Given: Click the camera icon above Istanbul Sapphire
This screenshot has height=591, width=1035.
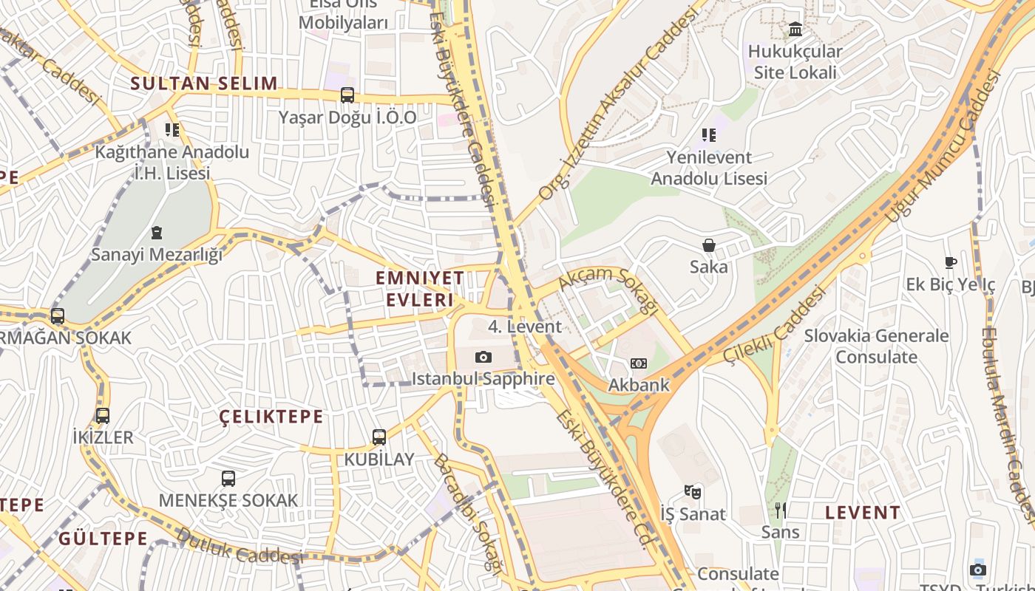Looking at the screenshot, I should tap(483, 358).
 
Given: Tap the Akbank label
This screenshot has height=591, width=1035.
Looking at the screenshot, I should tap(639, 385).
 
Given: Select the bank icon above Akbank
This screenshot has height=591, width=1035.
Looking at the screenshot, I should tap(639, 363).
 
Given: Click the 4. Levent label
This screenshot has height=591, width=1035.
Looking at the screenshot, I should tap(525, 327).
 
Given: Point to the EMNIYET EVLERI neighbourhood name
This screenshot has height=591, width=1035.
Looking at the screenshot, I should tap(420, 289).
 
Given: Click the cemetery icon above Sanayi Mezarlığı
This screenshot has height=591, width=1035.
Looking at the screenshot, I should tap(157, 233).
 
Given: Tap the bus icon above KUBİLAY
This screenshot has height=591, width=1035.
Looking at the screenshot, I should tap(379, 437).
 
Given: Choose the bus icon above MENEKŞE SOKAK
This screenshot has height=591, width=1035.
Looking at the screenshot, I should tap(228, 479).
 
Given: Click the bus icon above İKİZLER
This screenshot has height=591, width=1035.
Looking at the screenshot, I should tap(103, 416).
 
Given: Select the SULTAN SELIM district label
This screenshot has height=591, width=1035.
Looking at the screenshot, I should tap(204, 83).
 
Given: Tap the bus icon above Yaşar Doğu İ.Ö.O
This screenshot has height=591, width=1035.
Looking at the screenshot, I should tap(347, 95).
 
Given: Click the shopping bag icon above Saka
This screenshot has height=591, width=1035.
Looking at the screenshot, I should tap(709, 245).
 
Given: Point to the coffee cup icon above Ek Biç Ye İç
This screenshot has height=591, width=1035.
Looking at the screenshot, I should tap(951, 263).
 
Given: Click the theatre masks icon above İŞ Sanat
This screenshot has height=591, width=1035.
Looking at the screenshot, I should tap(693, 492).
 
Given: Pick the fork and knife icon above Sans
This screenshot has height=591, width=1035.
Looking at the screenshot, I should tap(781, 510).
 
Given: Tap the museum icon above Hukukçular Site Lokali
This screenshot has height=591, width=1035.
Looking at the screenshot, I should tap(795, 30).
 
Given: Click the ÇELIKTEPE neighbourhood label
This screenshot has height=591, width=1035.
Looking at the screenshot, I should tap(271, 417).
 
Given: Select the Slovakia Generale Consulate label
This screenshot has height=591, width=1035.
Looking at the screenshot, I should tap(876, 346).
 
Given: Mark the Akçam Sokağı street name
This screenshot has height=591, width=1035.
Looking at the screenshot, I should tap(608, 287).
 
